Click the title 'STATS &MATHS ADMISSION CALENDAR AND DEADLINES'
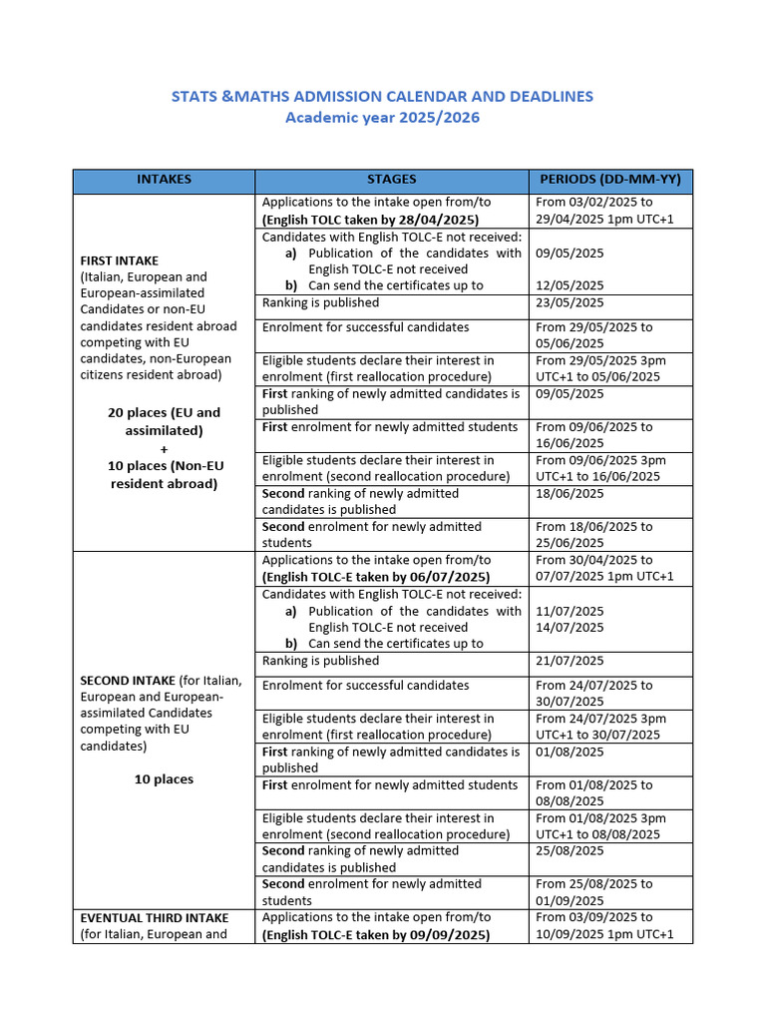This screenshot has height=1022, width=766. tap(382, 96)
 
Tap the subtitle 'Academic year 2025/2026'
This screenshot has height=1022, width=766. tap(382, 118)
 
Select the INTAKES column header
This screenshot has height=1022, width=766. tap(164, 180)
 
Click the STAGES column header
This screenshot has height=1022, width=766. tap(391, 180)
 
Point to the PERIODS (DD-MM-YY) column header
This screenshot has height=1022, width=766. tap(609, 180)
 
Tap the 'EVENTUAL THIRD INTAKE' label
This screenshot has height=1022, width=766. tap(154, 917)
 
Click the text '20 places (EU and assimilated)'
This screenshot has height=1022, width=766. tap(164, 421)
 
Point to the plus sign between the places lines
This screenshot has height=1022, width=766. tap(164, 449)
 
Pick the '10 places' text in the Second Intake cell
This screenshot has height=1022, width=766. tap(164, 779)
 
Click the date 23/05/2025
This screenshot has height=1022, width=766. tap(570, 302)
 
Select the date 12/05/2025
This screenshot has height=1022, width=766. tap(570, 285)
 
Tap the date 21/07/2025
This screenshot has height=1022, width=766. tap(570, 661)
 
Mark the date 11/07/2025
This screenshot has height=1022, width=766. tap(570, 611)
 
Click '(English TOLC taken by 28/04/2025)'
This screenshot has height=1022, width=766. tap(370, 220)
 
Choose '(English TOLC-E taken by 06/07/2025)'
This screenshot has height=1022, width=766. tap(376, 577)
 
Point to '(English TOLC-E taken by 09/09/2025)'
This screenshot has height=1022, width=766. tap(376, 935)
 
